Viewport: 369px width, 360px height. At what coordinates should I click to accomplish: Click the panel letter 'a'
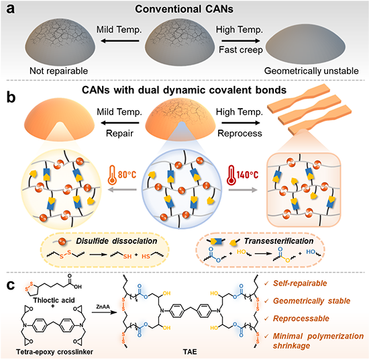click(x=10, y=9)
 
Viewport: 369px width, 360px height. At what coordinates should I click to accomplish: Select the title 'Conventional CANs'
click(x=184, y=9)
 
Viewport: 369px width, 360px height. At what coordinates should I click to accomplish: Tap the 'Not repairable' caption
click(x=58, y=71)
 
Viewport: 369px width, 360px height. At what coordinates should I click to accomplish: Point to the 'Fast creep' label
click(x=241, y=50)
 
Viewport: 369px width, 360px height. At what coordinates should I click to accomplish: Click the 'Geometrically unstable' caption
click(x=311, y=71)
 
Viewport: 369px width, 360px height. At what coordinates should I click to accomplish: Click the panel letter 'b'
click(x=11, y=97)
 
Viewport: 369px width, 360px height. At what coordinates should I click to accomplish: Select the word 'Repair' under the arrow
click(x=119, y=134)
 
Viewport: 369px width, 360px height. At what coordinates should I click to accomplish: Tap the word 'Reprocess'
click(x=240, y=134)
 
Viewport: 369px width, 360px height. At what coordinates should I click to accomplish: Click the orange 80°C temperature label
click(x=127, y=175)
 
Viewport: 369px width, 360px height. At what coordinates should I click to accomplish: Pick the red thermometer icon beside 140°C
click(x=231, y=175)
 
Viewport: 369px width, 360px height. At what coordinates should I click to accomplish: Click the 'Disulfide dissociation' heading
click(x=117, y=241)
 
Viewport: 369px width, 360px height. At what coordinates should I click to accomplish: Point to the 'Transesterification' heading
click(x=278, y=241)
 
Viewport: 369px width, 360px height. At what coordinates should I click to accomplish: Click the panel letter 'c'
click(x=10, y=285)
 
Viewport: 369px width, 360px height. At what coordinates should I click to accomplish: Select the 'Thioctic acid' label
click(x=54, y=300)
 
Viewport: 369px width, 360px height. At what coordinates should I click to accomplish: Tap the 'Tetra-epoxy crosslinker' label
click(x=54, y=352)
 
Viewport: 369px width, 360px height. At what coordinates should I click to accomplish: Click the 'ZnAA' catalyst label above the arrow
click(x=103, y=307)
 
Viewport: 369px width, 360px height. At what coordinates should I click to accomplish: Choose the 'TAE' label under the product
click(x=190, y=352)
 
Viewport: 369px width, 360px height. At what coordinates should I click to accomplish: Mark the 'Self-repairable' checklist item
click(x=300, y=283)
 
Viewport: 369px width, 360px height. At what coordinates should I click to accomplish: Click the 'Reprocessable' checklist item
click(x=301, y=318)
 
